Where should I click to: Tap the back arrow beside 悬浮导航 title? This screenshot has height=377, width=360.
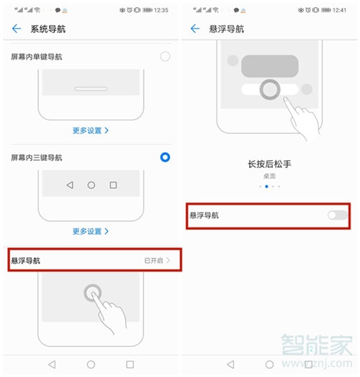pyautogui.click(x=194, y=29)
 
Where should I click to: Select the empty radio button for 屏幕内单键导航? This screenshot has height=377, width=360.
pyautogui.click(x=165, y=56)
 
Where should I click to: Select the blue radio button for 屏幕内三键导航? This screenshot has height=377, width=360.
pyautogui.click(x=165, y=156)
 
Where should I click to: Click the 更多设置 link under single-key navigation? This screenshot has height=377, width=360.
pyautogui.click(x=91, y=130)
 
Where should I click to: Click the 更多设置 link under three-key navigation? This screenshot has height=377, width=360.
pyautogui.click(x=91, y=231)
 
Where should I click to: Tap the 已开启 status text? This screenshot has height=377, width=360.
pyautogui.click(x=153, y=260)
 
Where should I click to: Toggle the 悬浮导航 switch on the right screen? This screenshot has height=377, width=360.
pyautogui.click(x=336, y=215)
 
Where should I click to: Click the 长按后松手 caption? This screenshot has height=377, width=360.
pyautogui.click(x=269, y=164)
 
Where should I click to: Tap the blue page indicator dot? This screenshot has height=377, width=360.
pyautogui.click(x=267, y=186)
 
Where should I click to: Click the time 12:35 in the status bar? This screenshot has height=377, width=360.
pyautogui.click(x=161, y=10)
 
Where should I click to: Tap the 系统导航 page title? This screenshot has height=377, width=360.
pyautogui.click(x=48, y=29)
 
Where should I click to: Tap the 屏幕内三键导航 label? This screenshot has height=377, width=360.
pyautogui.click(x=37, y=157)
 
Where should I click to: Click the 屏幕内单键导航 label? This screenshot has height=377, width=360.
pyautogui.click(x=37, y=57)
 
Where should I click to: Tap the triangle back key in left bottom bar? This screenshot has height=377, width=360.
pyautogui.click(x=52, y=365)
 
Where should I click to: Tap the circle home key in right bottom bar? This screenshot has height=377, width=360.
pyautogui.click(x=269, y=365)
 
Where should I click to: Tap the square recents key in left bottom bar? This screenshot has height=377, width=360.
pyautogui.click(x=130, y=365)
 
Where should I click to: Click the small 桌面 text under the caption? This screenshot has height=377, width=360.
pyautogui.click(x=269, y=175)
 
